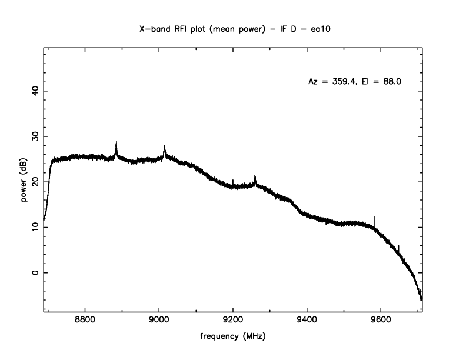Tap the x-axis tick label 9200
pyautogui.click(x=233, y=320)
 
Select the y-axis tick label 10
pyautogui.click(x=34, y=228)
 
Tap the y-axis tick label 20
pyautogui.click(x=34, y=182)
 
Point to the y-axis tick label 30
pyautogui.click(x=34, y=136)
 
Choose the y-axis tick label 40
pyautogui.click(x=34, y=91)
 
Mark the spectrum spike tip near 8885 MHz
pyautogui.click(x=116, y=142)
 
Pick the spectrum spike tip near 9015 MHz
pyautogui.click(x=164, y=145)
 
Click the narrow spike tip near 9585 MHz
pyautogui.click(x=375, y=216)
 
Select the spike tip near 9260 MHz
pyautogui.click(x=255, y=175)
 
